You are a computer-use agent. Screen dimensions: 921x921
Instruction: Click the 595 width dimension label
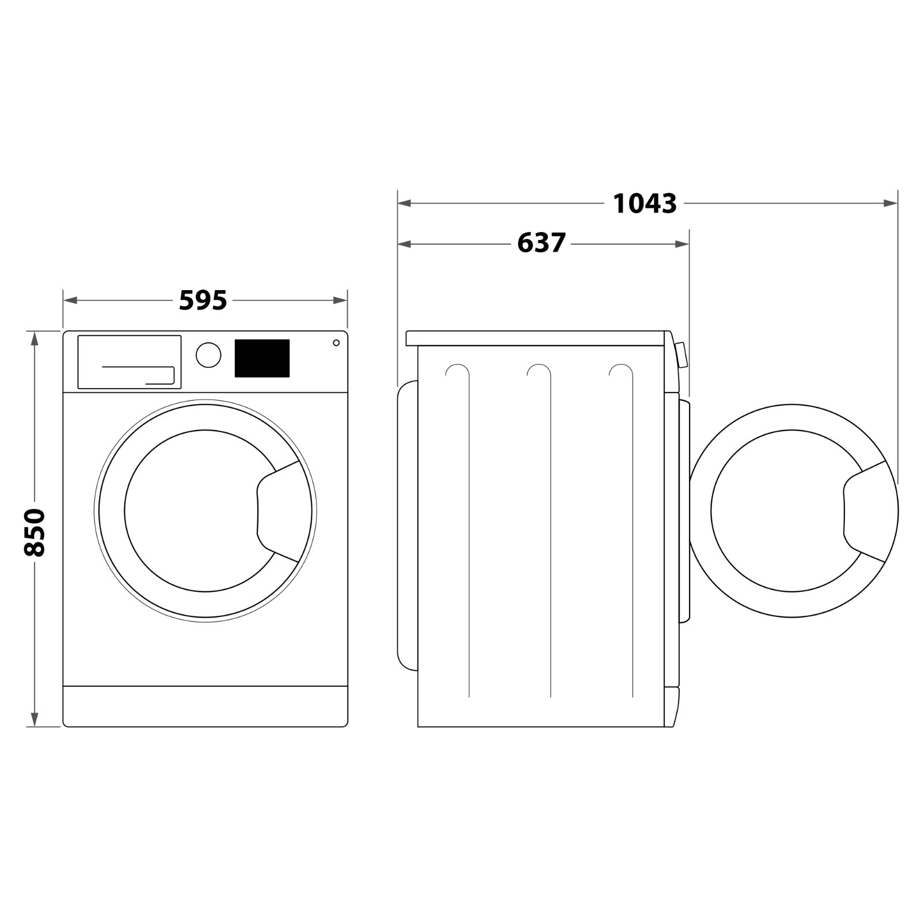[x=203, y=300]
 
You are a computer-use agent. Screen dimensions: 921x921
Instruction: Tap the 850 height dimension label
[x=35, y=532]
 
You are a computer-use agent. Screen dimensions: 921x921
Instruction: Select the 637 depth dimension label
[x=542, y=243]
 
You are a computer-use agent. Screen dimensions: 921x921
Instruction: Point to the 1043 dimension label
[x=645, y=204]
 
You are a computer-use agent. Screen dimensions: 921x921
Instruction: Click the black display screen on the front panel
[x=262, y=358]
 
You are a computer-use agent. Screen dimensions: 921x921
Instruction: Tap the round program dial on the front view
[x=208, y=355]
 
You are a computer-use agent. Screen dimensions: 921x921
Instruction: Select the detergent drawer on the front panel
[x=130, y=362]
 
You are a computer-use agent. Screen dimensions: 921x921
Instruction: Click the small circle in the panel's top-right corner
[x=336, y=343]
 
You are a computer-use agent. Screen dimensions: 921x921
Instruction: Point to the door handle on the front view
[x=278, y=511]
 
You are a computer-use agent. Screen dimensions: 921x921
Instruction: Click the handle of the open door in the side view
[x=864, y=511]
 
